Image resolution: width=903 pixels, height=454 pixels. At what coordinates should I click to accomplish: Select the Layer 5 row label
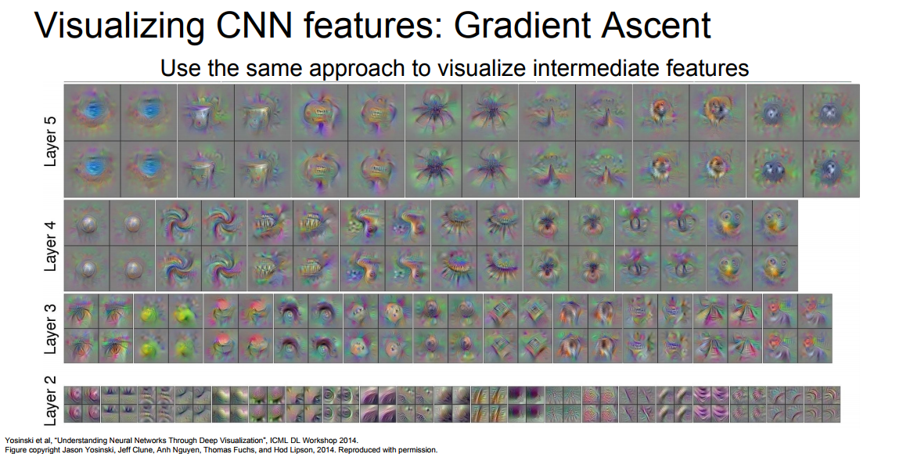point(52,141)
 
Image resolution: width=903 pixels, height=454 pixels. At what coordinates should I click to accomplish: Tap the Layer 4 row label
point(52,246)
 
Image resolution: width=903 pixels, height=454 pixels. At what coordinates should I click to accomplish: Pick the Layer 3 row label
point(52,329)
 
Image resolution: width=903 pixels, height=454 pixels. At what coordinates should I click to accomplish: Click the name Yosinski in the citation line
point(16,441)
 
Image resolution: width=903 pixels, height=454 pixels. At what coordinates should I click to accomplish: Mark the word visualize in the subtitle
point(481,68)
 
